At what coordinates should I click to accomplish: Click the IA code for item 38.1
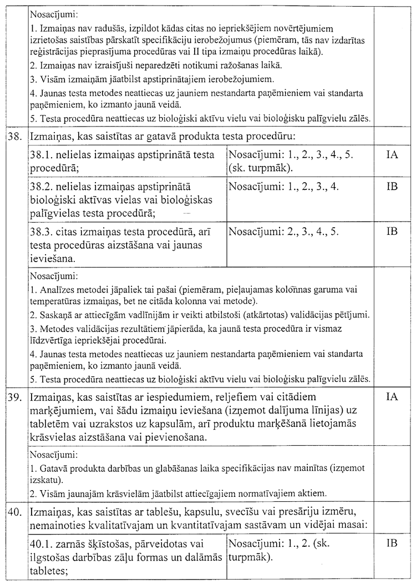392,155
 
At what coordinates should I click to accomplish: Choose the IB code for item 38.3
392,231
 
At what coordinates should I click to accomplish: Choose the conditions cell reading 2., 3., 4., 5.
283,231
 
